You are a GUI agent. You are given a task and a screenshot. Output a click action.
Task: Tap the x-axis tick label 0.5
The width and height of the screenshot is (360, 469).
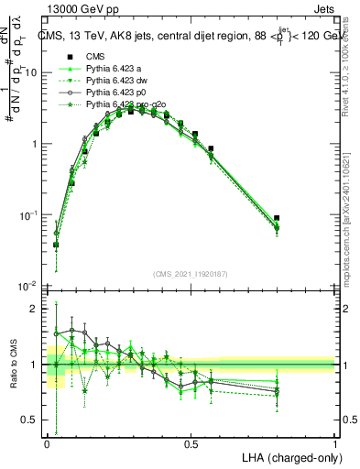(x=191, y=442)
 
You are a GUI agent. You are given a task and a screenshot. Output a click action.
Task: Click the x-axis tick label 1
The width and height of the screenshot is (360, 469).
(x=334, y=442)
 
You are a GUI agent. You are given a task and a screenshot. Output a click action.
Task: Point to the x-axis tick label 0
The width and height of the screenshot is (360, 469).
(x=47, y=442)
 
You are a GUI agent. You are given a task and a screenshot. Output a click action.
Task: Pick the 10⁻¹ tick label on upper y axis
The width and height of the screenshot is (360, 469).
(x=30, y=214)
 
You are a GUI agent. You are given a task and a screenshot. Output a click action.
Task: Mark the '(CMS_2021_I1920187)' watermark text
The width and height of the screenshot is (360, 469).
(x=191, y=273)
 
